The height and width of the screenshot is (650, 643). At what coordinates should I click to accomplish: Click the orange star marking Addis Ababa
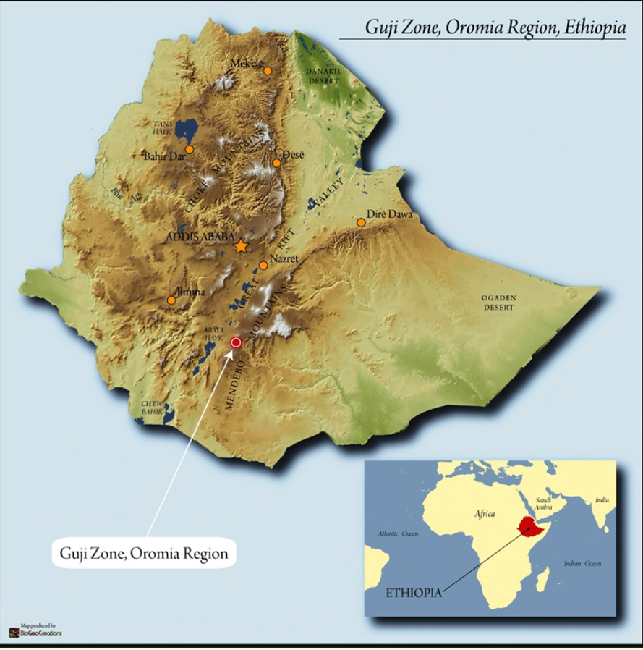tap(241, 246)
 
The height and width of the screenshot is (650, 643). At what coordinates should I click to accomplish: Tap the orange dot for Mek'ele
tap(268, 71)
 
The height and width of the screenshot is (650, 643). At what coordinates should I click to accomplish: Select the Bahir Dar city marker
tap(189, 150)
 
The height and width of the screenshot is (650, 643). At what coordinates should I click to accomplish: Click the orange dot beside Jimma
tap(171, 300)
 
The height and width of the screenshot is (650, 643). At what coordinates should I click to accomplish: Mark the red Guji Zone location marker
tap(235, 342)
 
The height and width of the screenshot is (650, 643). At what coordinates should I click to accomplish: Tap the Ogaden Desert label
tap(499, 303)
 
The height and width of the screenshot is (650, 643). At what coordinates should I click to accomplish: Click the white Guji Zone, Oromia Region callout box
tap(143, 554)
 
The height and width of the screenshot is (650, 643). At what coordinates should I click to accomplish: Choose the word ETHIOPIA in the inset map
tap(413, 592)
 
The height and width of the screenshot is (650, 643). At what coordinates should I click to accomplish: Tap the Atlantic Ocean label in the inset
tap(398, 533)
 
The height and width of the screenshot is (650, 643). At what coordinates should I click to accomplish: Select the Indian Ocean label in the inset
tap(582, 563)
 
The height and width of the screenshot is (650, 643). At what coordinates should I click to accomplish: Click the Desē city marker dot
tap(276, 163)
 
